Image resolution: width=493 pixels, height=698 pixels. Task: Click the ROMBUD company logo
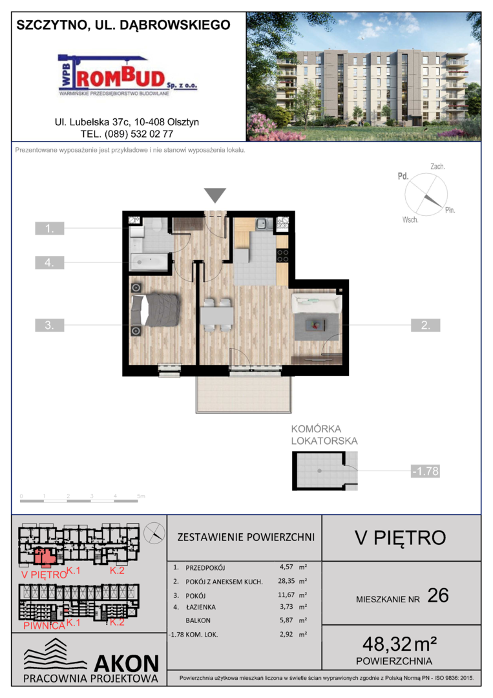pyautogui.click(x=128, y=75)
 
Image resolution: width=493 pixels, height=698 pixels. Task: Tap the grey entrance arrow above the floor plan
pyautogui.click(x=215, y=195)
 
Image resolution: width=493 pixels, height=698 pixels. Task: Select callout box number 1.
pyautogui.click(x=49, y=228)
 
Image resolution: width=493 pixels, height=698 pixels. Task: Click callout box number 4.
pyautogui.click(x=49, y=262)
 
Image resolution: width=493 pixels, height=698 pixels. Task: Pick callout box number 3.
pyautogui.click(x=49, y=325)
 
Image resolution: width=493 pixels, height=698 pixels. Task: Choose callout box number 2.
pyautogui.click(x=425, y=325)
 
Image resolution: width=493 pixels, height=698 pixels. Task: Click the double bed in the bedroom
pyautogui.click(x=155, y=310)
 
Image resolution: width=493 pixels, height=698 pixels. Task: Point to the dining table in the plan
pyautogui.click(x=216, y=315)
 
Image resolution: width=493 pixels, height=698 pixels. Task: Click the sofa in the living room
pyautogui.click(x=317, y=304)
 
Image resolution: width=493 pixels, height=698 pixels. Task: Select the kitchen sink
pyautogui.click(x=262, y=224)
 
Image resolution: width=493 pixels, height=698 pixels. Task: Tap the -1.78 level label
pyautogui.click(x=425, y=471)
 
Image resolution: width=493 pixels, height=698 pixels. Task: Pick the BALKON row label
pyautogui.click(x=198, y=620)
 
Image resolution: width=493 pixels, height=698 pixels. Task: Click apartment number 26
pyautogui.click(x=438, y=596)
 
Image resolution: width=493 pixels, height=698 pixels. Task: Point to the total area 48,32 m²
pyautogui.click(x=399, y=644)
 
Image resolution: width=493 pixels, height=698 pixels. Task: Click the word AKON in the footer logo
pyautogui.click(x=127, y=663)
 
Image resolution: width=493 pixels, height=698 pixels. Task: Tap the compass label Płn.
pyautogui.click(x=450, y=210)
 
